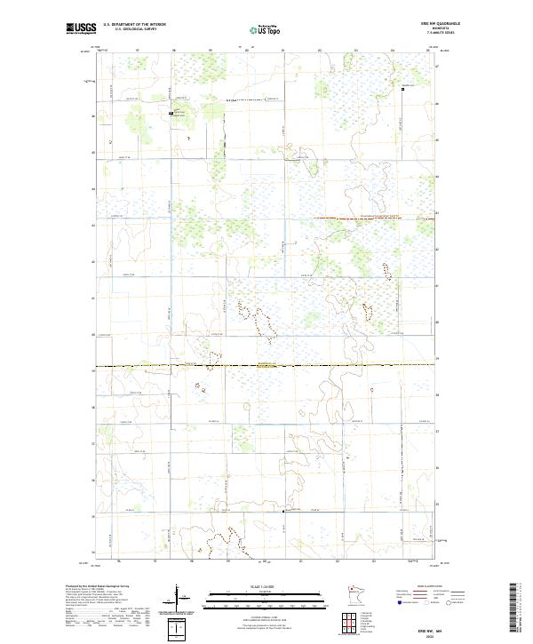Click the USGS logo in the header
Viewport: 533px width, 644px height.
(81, 28)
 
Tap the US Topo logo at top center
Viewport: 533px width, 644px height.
(265, 29)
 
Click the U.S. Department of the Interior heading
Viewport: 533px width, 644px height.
(134, 25)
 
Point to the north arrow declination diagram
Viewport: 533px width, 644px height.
(179, 599)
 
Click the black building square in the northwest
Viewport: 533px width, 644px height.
(172, 114)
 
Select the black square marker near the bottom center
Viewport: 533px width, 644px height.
(283, 511)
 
